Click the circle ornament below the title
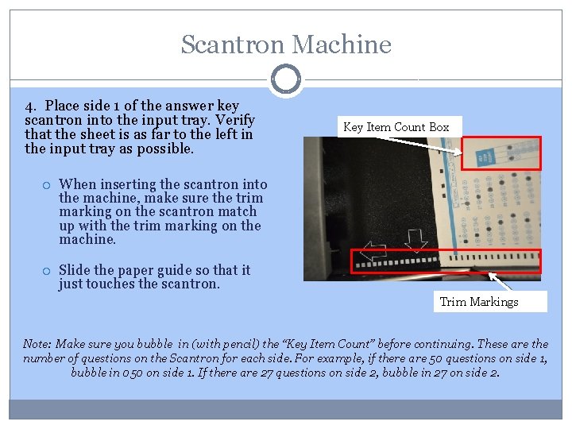pyautogui.click(x=286, y=79)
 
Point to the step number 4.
pyautogui.click(x=29, y=106)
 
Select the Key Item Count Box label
pyautogui.click(x=396, y=127)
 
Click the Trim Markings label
pyautogui.click(x=478, y=302)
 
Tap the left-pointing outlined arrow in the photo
pyautogui.click(x=373, y=252)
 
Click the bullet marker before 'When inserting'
pyautogui.click(x=46, y=184)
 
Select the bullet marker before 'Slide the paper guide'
pyautogui.click(x=46, y=270)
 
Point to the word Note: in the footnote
pyautogui.click(x=37, y=344)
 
